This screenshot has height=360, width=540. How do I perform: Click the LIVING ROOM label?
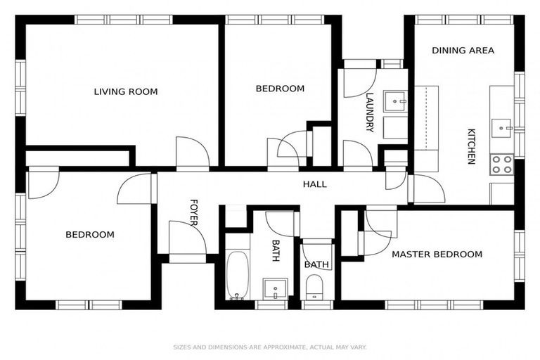pyautogui.click(x=126, y=91)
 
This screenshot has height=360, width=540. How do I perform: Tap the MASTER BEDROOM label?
pyautogui.click(x=437, y=254)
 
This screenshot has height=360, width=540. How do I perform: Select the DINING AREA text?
pyautogui.click(x=463, y=51)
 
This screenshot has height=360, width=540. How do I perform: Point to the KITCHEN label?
pyautogui.click(x=472, y=146)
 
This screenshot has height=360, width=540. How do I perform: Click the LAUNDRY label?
pyautogui.click(x=369, y=112)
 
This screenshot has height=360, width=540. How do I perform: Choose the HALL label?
pyautogui.click(x=314, y=184)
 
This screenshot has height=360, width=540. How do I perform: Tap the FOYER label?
pyautogui.click(x=194, y=213)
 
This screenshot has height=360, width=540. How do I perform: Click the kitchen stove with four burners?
pyautogui.click(x=502, y=165)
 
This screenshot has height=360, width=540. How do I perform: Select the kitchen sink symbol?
pyautogui.click(x=502, y=128)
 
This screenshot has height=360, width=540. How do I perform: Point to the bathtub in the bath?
pyautogui.click(x=238, y=275)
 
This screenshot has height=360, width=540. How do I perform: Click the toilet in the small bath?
pyautogui.click(x=314, y=286)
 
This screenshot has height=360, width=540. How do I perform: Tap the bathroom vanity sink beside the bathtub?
pyautogui.click(x=275, y=288)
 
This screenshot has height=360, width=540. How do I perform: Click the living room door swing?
pyautogui.click(x=193, y=152)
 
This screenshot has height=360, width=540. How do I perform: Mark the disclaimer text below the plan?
pyautogui.click(x=270, y=347)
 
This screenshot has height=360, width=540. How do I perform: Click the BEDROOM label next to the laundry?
pyautogui.click(x=280, y=89)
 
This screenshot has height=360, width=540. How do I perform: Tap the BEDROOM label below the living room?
pyautogui.click(x=90, y=234)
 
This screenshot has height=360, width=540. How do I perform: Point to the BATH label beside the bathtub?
pyautogui.click(x=276, y=250)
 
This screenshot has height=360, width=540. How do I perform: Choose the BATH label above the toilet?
pyautogui.click(x=316, y=265)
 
